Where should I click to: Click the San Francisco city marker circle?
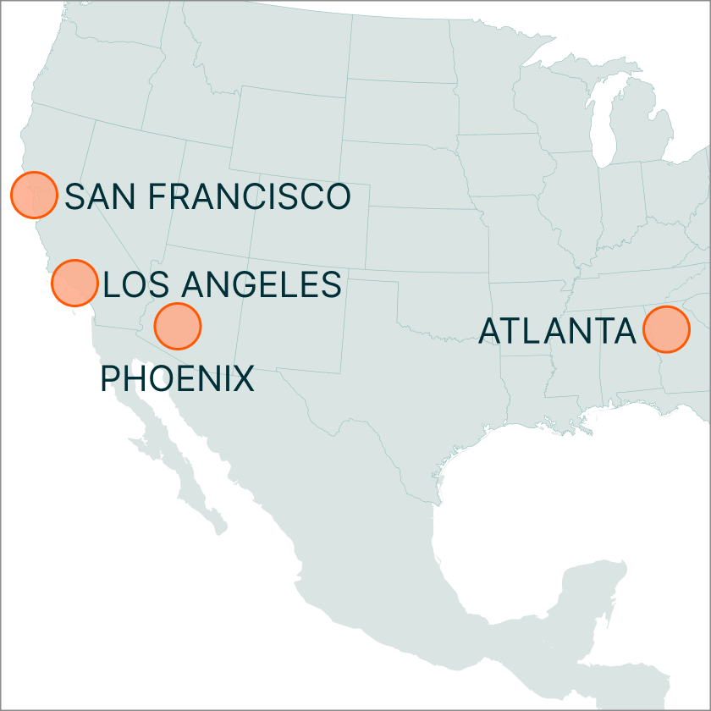(34, 194)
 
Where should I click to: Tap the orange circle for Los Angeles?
(74, 283)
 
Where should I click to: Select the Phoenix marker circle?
(178, 326)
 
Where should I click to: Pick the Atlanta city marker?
(666, 329)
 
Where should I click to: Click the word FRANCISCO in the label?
(249, 196)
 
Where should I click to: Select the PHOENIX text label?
(178, 378)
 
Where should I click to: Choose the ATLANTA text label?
(557, 331)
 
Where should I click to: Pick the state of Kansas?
(423, 245)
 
